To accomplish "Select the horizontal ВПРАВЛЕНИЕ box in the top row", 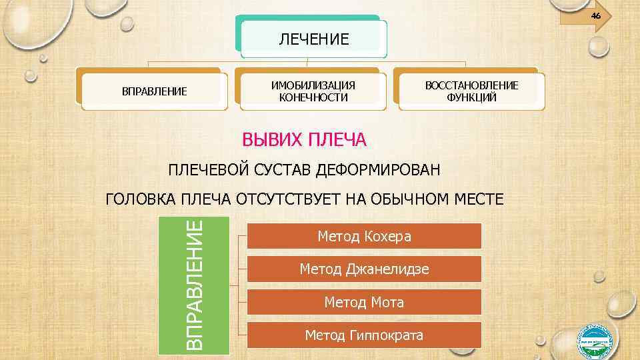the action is tap(154, 91).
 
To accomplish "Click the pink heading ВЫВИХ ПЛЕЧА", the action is tap(304, 140).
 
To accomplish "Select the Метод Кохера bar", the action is tap(364, 236).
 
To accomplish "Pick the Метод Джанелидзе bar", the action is tap(364, 269).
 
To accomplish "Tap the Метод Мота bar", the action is tap(364, 302).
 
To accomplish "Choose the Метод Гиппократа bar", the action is tap(364, 335).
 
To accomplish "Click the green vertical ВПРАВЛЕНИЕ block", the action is tap(193, 285).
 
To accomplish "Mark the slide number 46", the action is tap(595, 15).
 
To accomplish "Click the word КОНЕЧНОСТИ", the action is tap(313, 97).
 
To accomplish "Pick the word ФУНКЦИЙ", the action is tap(472, 97).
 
